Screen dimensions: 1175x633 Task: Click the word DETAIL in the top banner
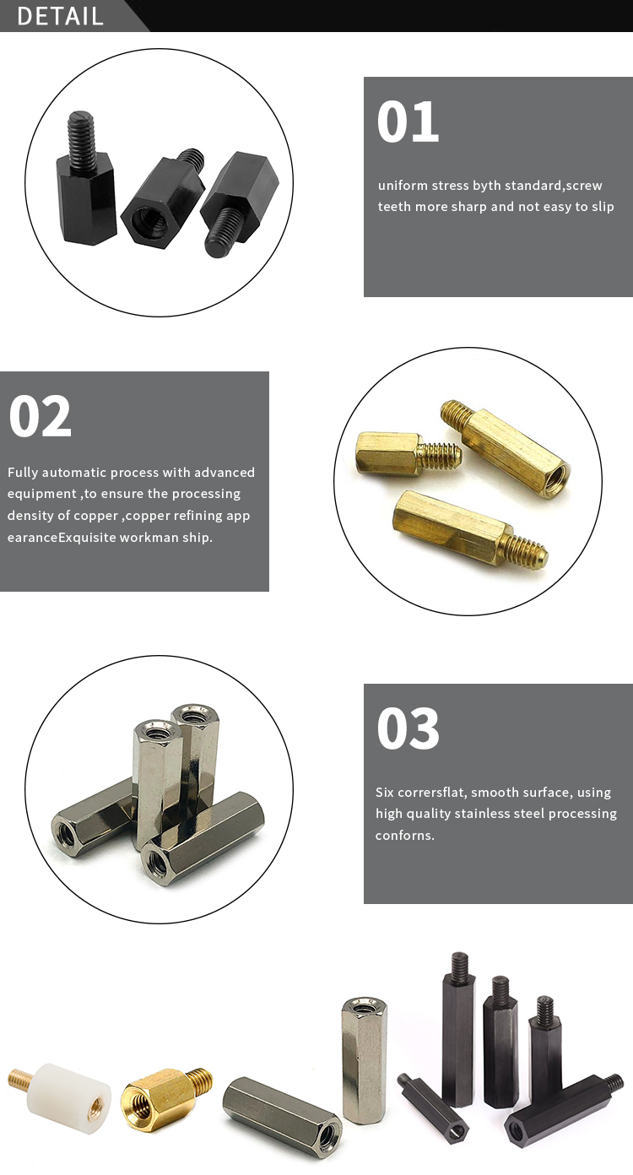(x=60, y=16)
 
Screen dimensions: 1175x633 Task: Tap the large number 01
(x=408, y=122)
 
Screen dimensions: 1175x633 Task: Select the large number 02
(x=40, y=415)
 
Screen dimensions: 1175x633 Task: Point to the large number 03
(x=408, y=728)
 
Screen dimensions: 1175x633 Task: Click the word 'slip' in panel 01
(x=602, y=207)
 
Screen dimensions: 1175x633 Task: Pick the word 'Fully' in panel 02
(x=22, y=473)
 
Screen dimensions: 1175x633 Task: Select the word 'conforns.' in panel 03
(x=405, y=837)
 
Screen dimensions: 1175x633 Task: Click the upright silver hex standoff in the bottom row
(x=364, y=1059)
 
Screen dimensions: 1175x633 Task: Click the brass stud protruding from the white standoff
(x=20, y=1080)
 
